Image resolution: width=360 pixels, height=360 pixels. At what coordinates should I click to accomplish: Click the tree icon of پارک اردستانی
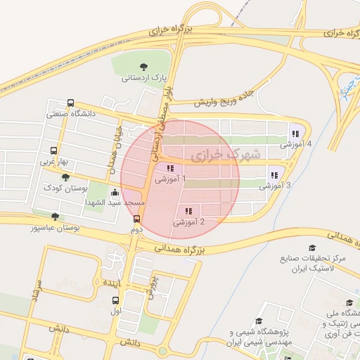(x=144, y=67)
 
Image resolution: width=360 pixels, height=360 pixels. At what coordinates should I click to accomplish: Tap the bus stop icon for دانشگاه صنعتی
(x=70, y=103)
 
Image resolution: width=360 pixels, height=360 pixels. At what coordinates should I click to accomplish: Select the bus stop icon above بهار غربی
(x=54, y=150)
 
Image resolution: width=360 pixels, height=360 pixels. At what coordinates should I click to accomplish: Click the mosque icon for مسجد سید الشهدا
(x=115, y=192)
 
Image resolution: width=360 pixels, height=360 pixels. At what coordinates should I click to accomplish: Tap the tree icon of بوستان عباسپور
(x=55, y=217)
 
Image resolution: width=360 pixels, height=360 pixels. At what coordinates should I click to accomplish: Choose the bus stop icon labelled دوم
(x=136, y=218)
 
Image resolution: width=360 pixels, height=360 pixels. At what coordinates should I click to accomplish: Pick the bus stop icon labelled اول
(x=116, y=299)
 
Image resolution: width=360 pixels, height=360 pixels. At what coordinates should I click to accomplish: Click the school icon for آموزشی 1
(x=169, y=168)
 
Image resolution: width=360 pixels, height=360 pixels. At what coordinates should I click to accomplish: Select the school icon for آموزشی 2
(x=188, y=211)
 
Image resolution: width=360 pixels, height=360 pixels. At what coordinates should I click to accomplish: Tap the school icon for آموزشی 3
(x=274, y=175)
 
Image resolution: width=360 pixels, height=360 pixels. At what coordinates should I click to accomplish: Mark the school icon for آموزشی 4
(x=294, y=134)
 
